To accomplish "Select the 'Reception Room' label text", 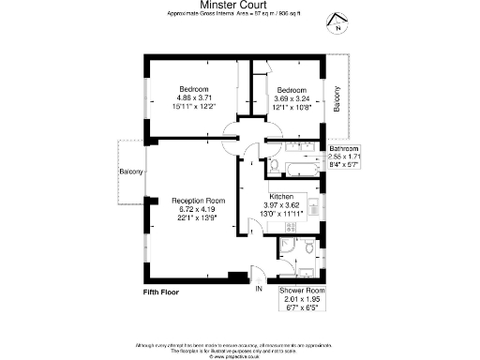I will coord(198,200).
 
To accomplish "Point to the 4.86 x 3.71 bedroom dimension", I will coord(195,97).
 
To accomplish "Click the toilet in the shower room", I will coord(308,248).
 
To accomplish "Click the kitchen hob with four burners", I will coord(292,227).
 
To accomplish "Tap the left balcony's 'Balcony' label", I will coord(131,172).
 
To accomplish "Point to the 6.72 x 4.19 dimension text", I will coord(198,209).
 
